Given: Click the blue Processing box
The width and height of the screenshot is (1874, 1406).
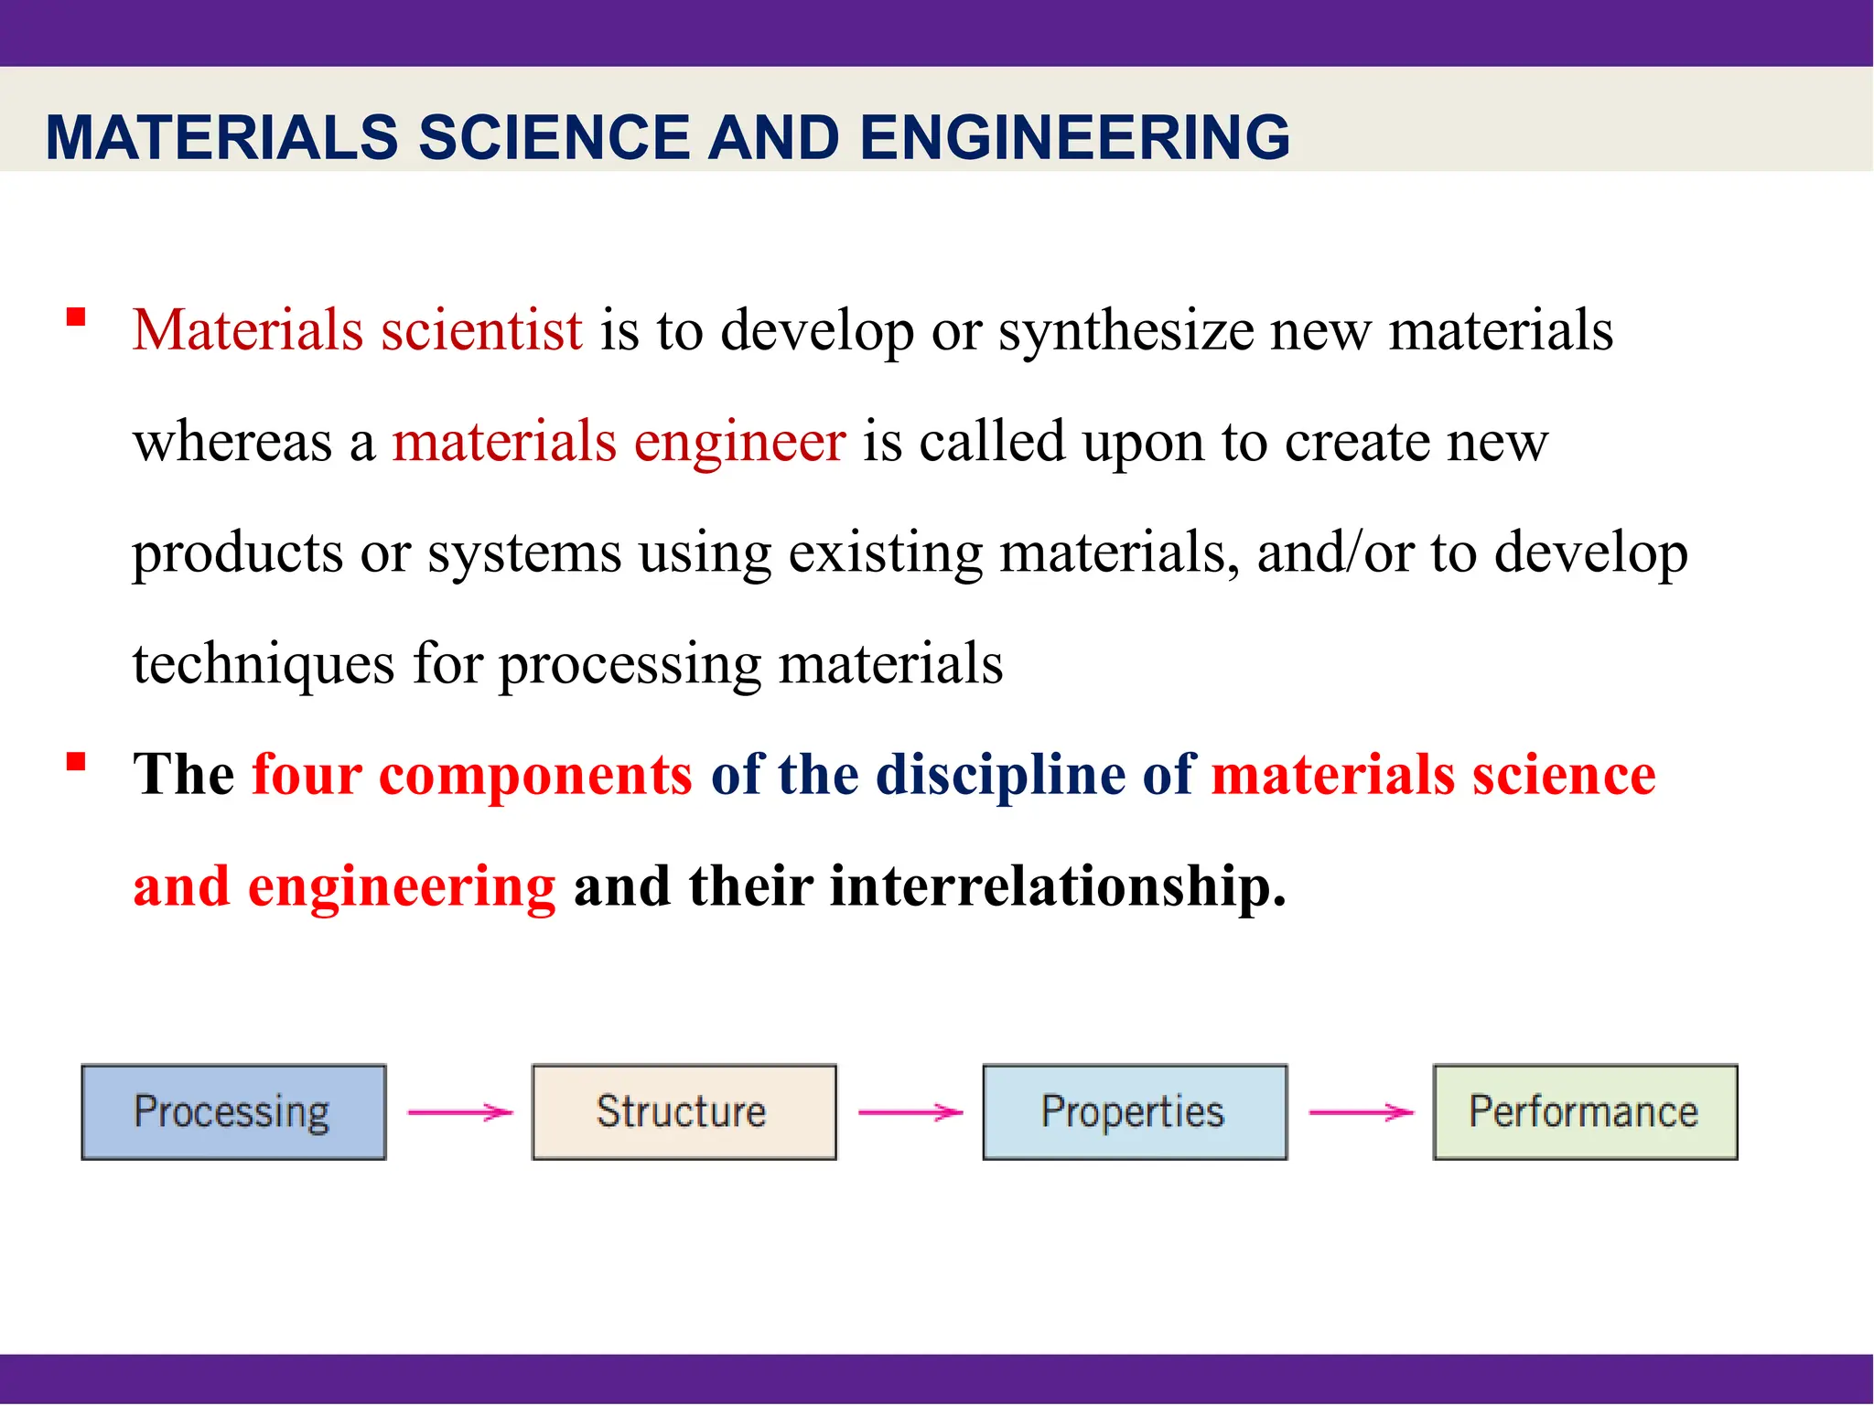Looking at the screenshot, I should point(233,1111).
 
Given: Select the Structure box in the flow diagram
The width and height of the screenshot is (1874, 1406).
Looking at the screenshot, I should point(684,1111).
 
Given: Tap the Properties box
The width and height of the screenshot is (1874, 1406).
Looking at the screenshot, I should point(1134,1111).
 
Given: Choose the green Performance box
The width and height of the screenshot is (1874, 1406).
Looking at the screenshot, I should point(1584,1111).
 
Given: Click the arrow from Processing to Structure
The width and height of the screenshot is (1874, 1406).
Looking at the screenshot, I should point(459,1112).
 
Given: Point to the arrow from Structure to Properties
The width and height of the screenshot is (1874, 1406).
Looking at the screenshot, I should point(910,1112).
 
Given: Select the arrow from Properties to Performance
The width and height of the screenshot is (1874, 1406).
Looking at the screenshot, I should point(1361,1112).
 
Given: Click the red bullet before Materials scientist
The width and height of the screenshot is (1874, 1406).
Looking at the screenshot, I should point(76,317).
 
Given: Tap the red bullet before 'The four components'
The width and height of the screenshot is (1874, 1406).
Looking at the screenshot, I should point(76,762).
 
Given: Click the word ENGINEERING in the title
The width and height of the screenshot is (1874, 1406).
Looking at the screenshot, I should point(1074,138).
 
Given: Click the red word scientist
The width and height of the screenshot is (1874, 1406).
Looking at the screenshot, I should point(481,330).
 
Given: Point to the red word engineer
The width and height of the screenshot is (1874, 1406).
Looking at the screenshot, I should point(739,442).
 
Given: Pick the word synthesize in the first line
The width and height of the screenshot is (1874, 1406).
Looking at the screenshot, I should point(1125,330).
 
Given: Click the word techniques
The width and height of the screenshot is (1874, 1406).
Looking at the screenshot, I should point(264,664).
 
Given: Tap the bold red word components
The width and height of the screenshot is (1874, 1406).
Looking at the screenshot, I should point(535,775).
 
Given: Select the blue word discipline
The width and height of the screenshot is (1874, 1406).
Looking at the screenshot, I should point(1000,775).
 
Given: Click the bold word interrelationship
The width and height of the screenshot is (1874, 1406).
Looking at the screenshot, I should point(1057,886).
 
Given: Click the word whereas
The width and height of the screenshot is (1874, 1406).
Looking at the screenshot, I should point(232,442).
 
